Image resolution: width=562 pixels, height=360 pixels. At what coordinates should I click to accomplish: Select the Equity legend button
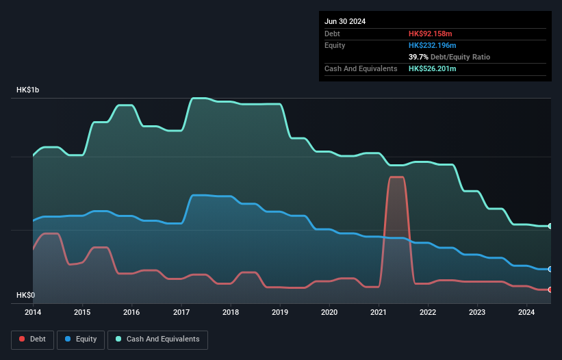[81, 339]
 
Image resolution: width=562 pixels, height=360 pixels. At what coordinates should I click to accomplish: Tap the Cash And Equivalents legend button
[157, 339]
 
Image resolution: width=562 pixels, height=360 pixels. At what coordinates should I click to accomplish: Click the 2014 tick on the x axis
[33, 313]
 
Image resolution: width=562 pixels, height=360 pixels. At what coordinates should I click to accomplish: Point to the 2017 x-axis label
[181, 313]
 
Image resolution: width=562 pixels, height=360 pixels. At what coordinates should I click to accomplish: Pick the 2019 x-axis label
[280, 313]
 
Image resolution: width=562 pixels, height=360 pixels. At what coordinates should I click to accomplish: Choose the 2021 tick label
[379, 313]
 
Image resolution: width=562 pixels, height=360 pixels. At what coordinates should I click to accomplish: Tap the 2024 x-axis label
[526, 313]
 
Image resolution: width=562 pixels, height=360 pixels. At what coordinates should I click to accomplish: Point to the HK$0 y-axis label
[26, 295]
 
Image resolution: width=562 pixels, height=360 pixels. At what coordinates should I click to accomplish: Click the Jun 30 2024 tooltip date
[345, 21]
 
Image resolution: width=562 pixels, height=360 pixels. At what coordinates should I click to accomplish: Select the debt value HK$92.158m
[432, 34]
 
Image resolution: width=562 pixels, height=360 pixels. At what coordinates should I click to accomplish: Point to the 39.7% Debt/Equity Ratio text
[449, 57]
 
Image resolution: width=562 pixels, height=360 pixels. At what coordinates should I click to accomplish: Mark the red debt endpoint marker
[550, 290]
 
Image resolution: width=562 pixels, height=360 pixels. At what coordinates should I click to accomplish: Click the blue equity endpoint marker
[550, 269]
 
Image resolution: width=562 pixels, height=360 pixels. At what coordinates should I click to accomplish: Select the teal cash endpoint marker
[550, 226]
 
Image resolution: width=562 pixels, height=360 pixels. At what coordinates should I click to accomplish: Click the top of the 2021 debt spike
[396, 177]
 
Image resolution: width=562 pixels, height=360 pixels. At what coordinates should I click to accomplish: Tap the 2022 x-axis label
[428, 313]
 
